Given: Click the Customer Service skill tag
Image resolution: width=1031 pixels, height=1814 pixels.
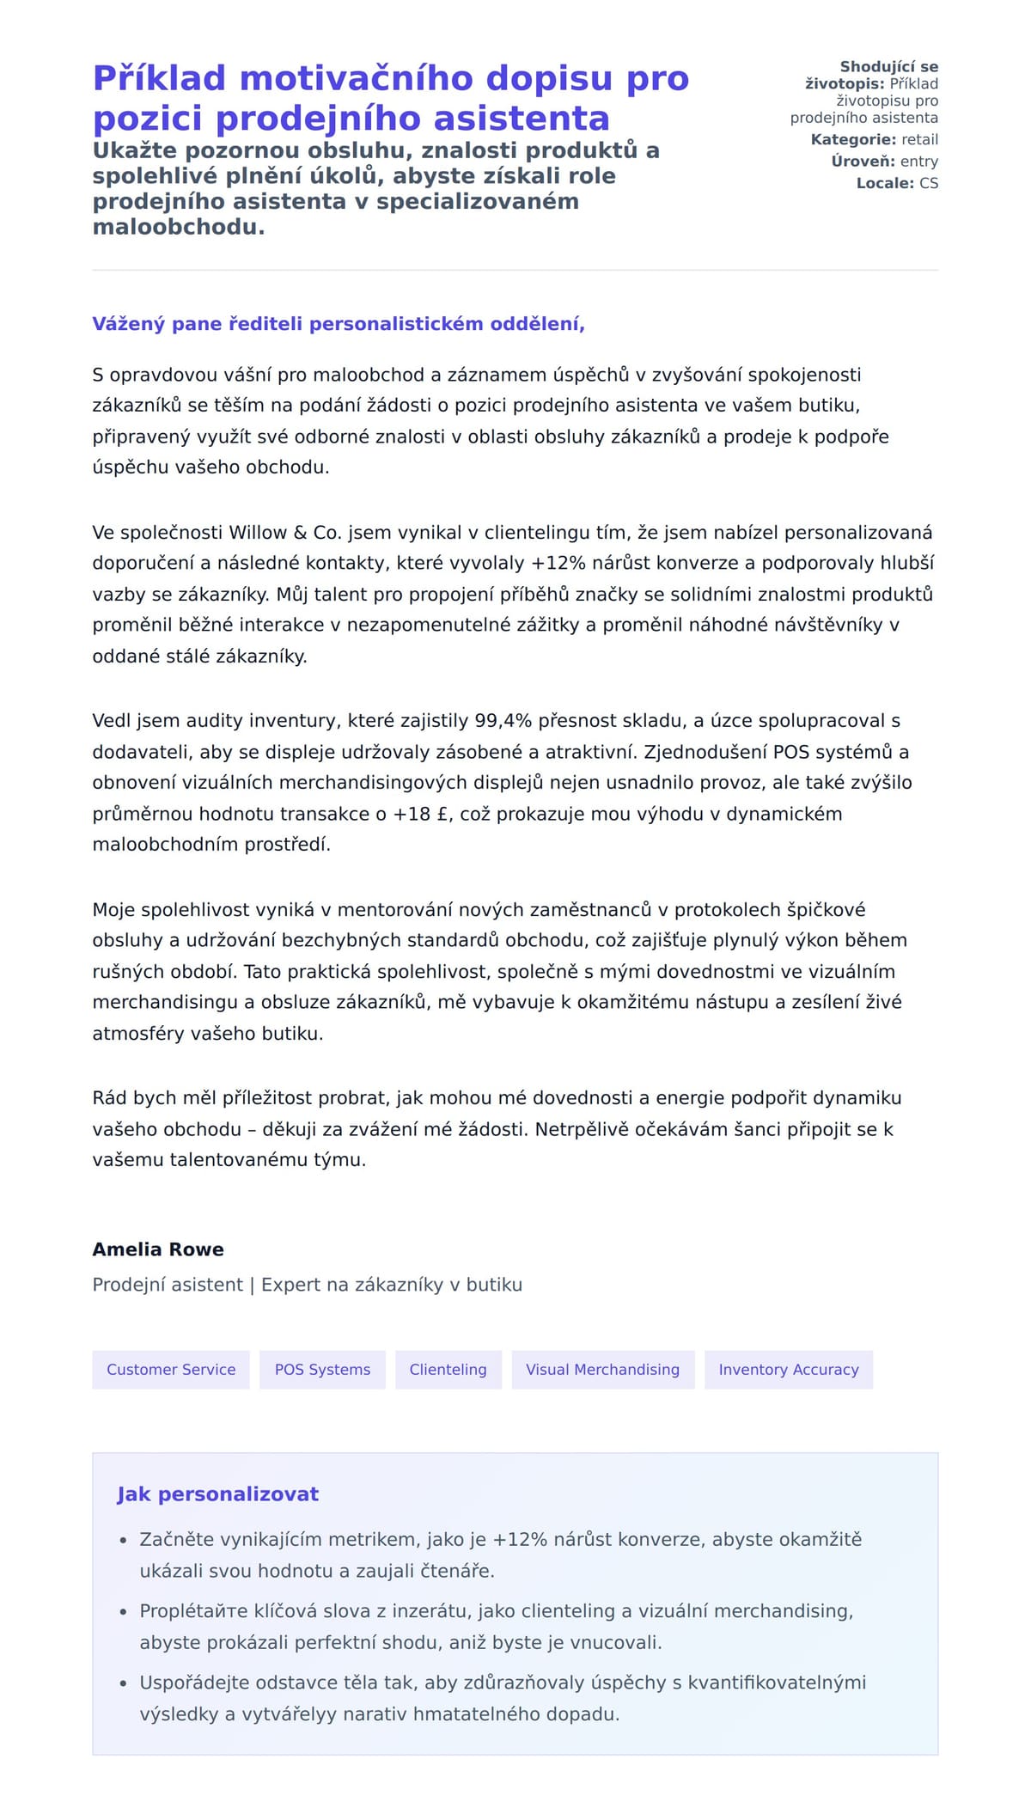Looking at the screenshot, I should [x=171, y=1370].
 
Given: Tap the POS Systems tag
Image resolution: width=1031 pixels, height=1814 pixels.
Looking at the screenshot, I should [x=322, y=1370].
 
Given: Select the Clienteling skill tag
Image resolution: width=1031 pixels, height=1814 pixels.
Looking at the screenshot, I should [x=448, y=1370].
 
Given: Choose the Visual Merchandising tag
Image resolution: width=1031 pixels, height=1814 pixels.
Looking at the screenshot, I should [x=602, y=1370].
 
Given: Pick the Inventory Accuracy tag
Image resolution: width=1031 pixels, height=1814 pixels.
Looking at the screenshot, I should [x=788, y=1370].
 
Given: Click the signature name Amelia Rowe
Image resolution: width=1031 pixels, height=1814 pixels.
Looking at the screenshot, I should [x=158, y=1249].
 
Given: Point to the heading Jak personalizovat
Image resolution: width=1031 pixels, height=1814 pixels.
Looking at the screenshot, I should [x=217, y=1494].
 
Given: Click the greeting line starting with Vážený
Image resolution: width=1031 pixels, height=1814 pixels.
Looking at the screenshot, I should [x=339, y=324].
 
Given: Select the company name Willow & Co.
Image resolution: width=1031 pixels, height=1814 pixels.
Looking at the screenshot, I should [x=284, y=533].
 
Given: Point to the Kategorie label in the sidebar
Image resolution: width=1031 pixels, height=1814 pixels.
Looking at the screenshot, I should [x=853, y=140].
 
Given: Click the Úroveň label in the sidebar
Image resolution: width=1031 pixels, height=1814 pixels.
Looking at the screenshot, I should [x=863, y=162].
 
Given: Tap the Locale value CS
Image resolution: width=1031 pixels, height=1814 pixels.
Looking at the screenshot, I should [x=928, y=183].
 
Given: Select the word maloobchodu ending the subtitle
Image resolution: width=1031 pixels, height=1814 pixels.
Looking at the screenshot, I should [x=178, y=227].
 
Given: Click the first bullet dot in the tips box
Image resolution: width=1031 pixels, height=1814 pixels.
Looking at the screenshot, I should [x=123, y=1541].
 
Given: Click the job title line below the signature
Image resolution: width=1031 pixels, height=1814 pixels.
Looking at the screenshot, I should [x=307, y=1285].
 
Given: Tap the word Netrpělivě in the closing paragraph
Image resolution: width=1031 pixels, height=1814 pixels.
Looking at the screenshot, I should [x=581, y=1129].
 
